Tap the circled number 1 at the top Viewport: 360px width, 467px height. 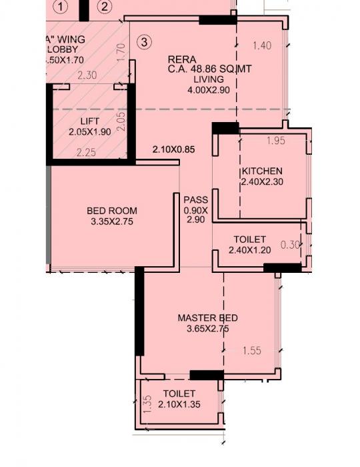click(62, 7)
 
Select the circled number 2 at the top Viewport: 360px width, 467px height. click(105, 7)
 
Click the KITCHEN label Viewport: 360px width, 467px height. click(262, 171)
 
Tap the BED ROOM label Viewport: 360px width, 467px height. click(112, 211)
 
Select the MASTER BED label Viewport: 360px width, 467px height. click(207, 318)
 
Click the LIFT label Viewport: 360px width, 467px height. click(89, 121)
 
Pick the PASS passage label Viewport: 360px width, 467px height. click(195, 199)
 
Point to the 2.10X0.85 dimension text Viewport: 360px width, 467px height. click(173, 149)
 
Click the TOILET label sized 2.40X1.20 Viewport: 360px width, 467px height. click(249, 240)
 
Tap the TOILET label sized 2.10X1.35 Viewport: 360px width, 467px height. click(179, 394)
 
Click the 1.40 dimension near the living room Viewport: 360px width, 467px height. click(263, 45)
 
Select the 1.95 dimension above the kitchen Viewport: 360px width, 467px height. click(275, 141)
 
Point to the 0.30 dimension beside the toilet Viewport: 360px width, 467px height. click(290, 245)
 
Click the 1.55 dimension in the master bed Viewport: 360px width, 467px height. click(252, 351)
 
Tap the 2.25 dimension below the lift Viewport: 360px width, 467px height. click(87, 153)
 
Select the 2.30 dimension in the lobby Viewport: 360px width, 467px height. click(87, 76)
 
